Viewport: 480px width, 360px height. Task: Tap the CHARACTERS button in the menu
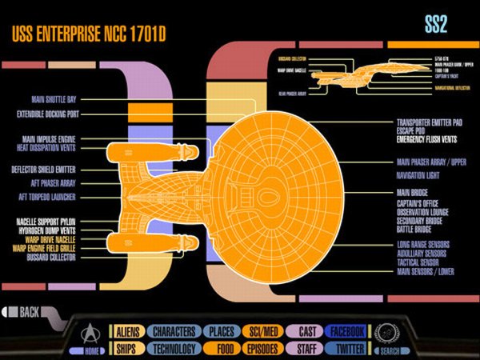[174, 331]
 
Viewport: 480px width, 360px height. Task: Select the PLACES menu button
[222, 331]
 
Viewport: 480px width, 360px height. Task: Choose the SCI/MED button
[263, 331]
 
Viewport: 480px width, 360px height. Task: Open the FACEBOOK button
[346, 331]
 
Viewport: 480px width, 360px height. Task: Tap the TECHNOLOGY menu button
[174, 349]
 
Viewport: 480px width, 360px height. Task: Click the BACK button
[28, 311]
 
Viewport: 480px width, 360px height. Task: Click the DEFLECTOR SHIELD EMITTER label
[51, 170]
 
